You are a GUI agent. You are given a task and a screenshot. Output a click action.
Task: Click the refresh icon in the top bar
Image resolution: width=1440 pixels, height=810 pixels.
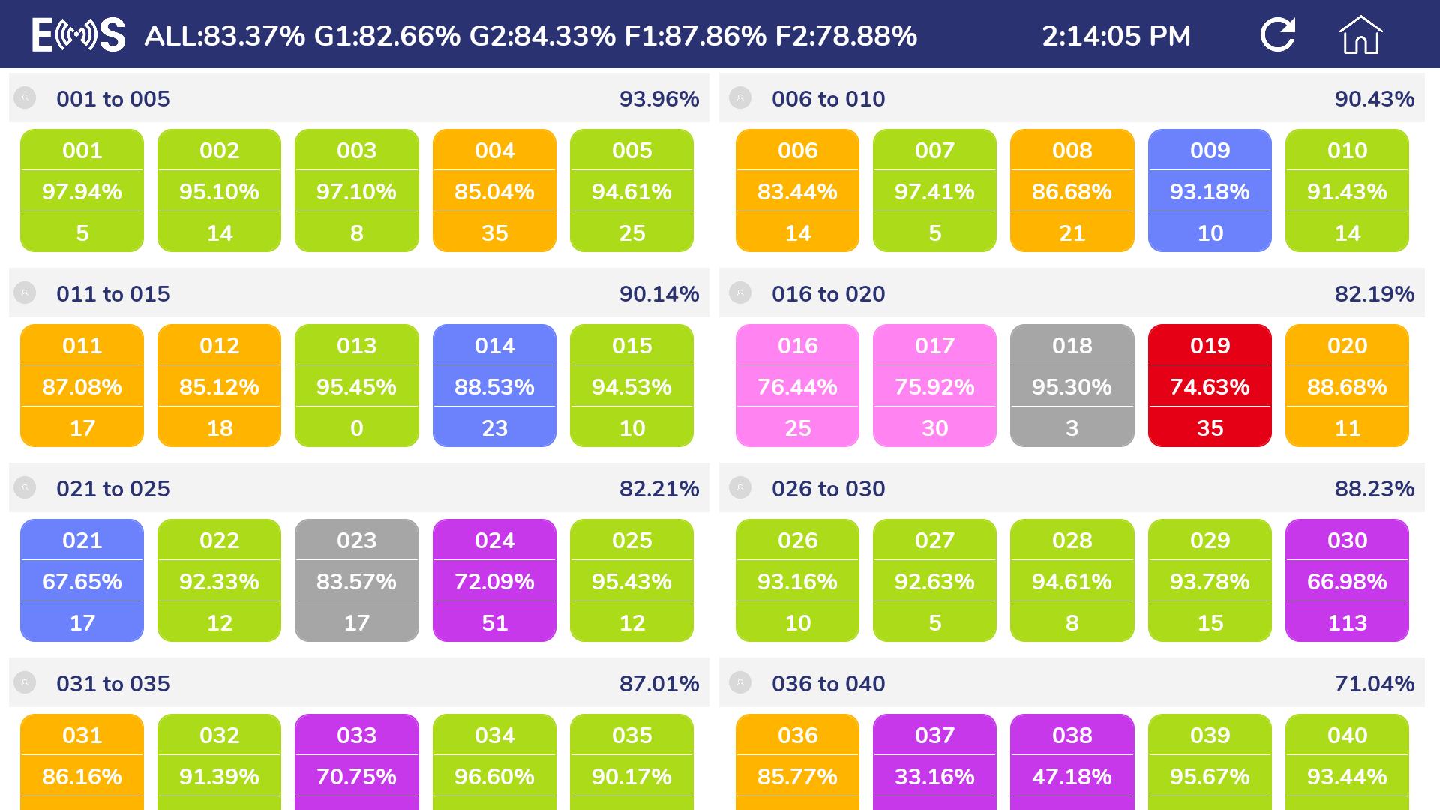pyautogui.click(x=1278, y=34)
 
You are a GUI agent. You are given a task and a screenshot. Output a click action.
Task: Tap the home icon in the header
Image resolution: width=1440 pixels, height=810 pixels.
pyautogui.click(x=1360, y=35)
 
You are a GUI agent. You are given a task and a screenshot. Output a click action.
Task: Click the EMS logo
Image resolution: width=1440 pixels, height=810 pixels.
pyautogui.click(x=79, y=35)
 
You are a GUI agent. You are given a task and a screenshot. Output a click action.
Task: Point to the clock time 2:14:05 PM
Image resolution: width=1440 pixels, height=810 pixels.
pyautogui.click(x=1116, y=36)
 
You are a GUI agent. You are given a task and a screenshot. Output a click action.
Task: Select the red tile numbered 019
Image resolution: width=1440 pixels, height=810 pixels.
pyautogui.click(x=1210, y=385)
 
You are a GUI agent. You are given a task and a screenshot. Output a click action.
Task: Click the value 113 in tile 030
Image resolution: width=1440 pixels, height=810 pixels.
pyautogui.click(x=1347, y=622)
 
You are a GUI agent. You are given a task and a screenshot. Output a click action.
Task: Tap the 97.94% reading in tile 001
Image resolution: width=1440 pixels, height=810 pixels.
pyautogui.click(x=82, y=192)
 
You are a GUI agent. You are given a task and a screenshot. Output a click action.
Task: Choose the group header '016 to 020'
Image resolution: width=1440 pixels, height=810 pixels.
pyautogui.click(x=828, y=294)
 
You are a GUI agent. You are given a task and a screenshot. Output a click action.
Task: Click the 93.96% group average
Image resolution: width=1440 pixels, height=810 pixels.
pyautogui.click(x=659, y=99)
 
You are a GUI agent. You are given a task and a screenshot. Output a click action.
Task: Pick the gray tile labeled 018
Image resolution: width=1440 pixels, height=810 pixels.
pyautogui.click(x=1072, y=385)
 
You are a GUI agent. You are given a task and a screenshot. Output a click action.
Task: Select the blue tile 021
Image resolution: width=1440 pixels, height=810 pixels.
pyautogui.click(x=82, y=580)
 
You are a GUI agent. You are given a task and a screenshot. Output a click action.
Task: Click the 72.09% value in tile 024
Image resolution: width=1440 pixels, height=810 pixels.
pyautogui.click(x=494, y=582)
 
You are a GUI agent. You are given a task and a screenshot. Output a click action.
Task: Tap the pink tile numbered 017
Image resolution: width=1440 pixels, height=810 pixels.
pyautogui.click(x=934, y=385)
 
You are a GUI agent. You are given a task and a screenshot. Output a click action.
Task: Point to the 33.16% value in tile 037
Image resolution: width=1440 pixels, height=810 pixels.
pyautogui.click(x=934, y=777)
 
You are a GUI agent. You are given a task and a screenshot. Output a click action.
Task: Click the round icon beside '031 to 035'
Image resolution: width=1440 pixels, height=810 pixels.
pyautogui.click(x=25, y=683)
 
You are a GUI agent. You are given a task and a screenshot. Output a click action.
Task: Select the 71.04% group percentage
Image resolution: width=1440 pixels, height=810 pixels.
pyautogui.click(x=1375, y=684)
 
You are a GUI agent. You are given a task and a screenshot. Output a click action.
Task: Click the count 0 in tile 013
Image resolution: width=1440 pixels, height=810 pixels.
pyautogui.click(x=356, y=427)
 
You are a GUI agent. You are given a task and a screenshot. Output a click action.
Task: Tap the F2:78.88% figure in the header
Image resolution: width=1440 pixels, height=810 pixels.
pyautogui.click(x=846, y=36)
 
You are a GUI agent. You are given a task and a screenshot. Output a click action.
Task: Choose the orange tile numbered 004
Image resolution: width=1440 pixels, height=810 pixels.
pyautogui.click(x=494, y=190)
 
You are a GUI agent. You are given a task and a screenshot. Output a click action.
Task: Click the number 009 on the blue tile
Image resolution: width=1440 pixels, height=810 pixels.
pyautogui.click(x=1210, y=151)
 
